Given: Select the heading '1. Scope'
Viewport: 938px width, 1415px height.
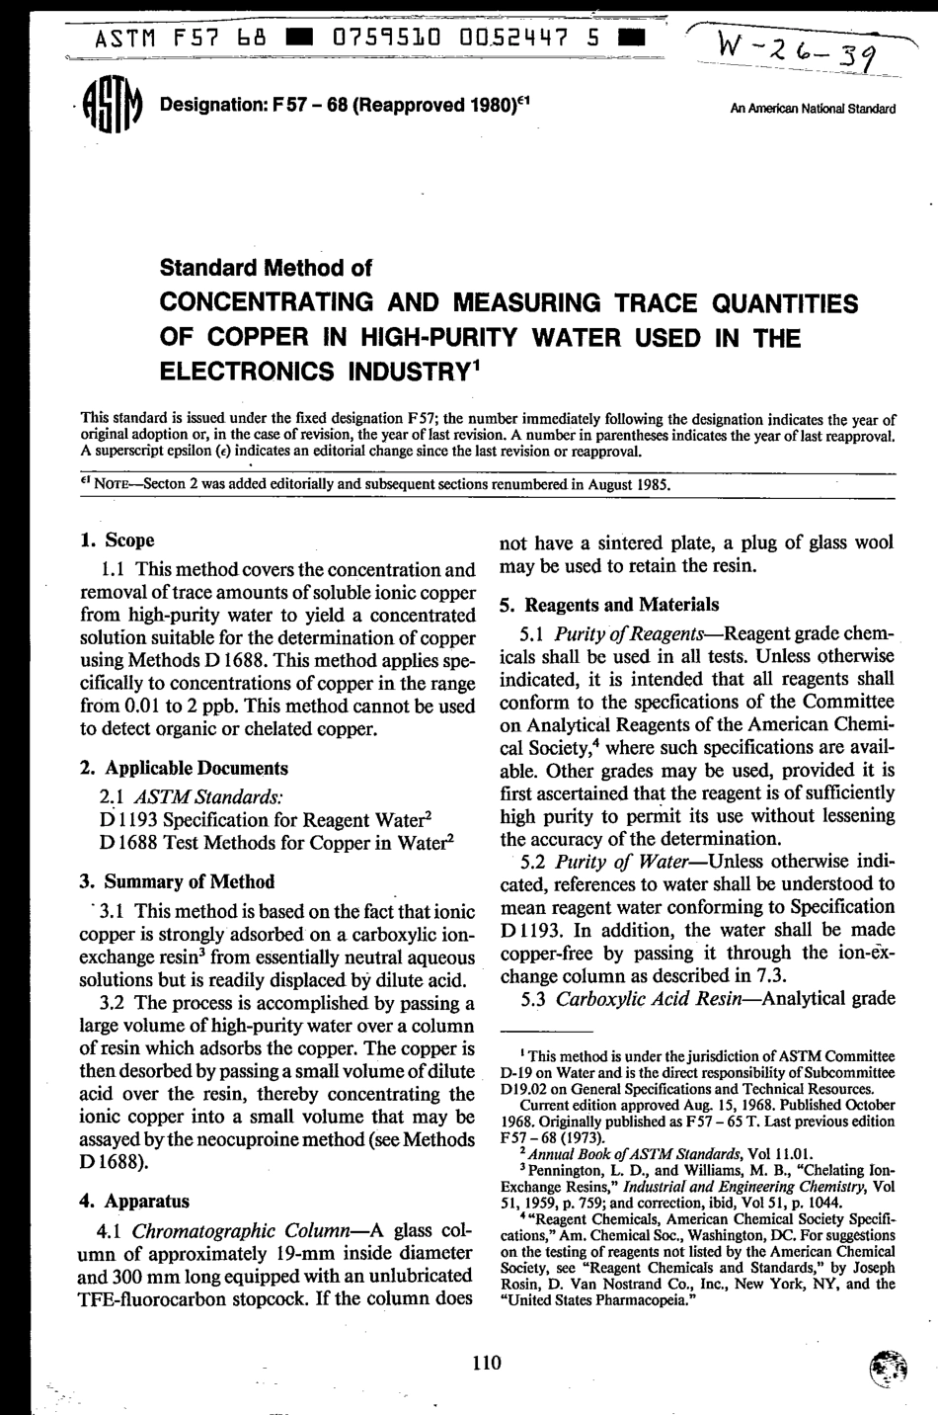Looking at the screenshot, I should [117, 541].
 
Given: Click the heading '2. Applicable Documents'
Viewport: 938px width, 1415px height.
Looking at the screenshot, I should [184, 768].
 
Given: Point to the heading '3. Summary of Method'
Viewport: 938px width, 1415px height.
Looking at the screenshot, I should [177, 881].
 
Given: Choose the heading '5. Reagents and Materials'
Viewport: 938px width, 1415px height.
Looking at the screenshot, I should [609, 605].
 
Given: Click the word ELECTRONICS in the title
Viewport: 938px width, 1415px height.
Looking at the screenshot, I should [251, 375].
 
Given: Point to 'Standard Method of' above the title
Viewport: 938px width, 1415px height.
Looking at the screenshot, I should [266, 268].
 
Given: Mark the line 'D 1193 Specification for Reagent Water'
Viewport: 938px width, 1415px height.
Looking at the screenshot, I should [265, 818].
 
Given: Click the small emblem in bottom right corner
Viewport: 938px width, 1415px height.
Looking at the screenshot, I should [887, 1369].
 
